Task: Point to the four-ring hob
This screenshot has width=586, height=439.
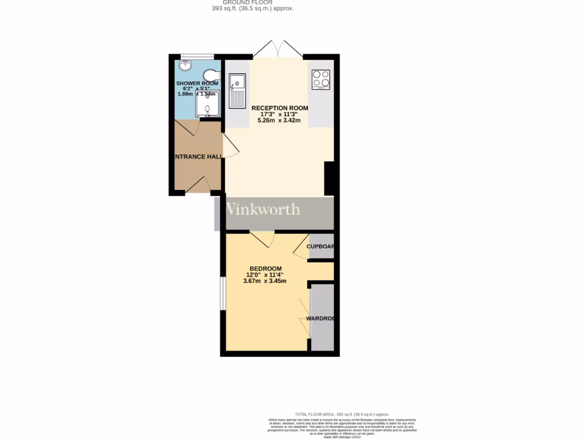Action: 320,79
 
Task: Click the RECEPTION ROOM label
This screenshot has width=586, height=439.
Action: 280,107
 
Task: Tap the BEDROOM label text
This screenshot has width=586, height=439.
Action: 265,268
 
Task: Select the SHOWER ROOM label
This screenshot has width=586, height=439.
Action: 197,83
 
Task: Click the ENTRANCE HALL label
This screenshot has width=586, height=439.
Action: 198,156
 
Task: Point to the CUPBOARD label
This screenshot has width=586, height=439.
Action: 320,246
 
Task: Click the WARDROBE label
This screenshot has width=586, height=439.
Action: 320,318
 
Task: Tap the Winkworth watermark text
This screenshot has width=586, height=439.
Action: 263,209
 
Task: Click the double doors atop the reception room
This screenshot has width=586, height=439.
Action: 278,50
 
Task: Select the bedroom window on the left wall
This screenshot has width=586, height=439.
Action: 223,294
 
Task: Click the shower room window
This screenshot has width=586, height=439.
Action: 197,56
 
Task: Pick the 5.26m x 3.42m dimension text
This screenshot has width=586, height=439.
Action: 280,120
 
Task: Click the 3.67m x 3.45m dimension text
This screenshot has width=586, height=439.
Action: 265,281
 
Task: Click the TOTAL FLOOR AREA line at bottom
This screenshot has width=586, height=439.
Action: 342,414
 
